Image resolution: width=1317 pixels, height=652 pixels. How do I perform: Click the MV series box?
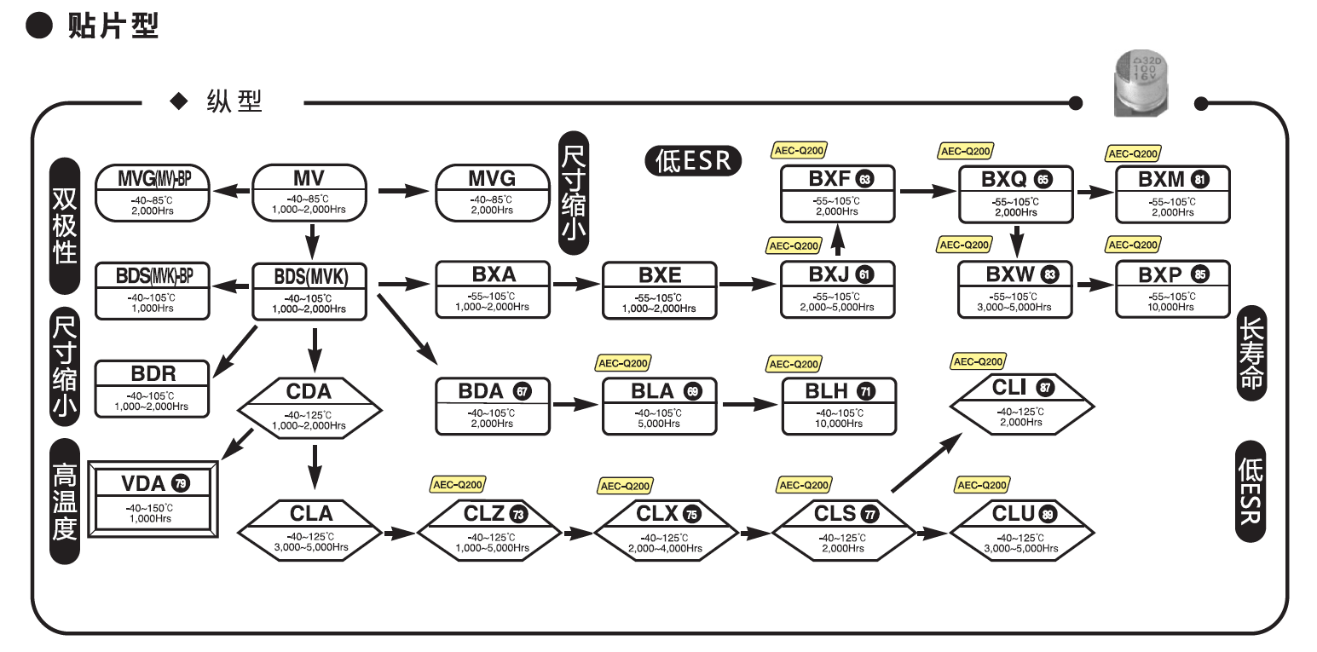tap(309, 193)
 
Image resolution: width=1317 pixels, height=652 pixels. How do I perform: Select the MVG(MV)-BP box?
tap(153, 193)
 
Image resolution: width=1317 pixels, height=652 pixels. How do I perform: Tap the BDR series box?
tap(153, 387)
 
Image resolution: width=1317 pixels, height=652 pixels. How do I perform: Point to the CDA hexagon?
tap(309, 407)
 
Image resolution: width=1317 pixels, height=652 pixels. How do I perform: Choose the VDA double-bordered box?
tap(154, 499)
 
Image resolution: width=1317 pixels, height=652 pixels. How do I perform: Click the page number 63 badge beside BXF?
tap(865, 180)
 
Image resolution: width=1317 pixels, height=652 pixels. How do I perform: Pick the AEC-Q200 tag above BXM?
tap(1132, 153)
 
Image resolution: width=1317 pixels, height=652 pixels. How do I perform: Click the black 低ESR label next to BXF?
tap(693, 160)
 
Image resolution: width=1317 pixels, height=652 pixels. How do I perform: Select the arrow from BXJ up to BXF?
tap(837, 240)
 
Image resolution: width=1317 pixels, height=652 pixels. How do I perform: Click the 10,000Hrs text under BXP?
tap(1173, 307)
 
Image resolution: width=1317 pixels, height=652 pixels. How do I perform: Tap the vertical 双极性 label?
tap(65, 211)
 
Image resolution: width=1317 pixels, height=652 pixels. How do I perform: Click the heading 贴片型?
tap(113, 26)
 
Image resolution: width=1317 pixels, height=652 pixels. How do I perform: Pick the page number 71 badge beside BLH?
tap(865, 391)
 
